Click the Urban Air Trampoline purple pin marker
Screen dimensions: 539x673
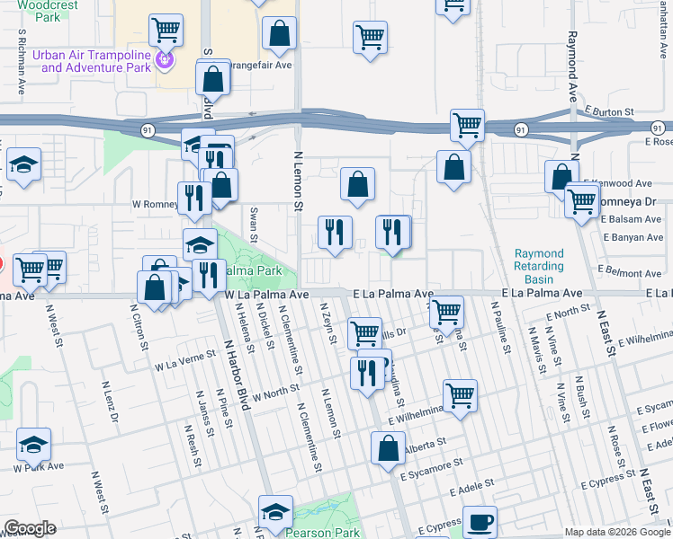[x=164, y=61]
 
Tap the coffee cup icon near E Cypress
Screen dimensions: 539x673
[x=480, y=520]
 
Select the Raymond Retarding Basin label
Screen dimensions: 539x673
[x=539, y=260]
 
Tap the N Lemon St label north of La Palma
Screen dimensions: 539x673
[x=298, y=181]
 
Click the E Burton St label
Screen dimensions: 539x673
[x=609, y=111]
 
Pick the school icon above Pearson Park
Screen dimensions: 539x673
[x=275, y=512]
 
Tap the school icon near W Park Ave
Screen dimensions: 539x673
[x=33, y=444]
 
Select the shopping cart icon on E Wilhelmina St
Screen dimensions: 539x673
[x=460, y=393]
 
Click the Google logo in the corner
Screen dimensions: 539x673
[x=29, y=528]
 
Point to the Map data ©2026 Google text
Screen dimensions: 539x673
[x=617, y=531]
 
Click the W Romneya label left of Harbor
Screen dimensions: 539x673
[x=154, y=204]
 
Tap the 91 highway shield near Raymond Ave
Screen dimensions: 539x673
[x=520, y=130]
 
